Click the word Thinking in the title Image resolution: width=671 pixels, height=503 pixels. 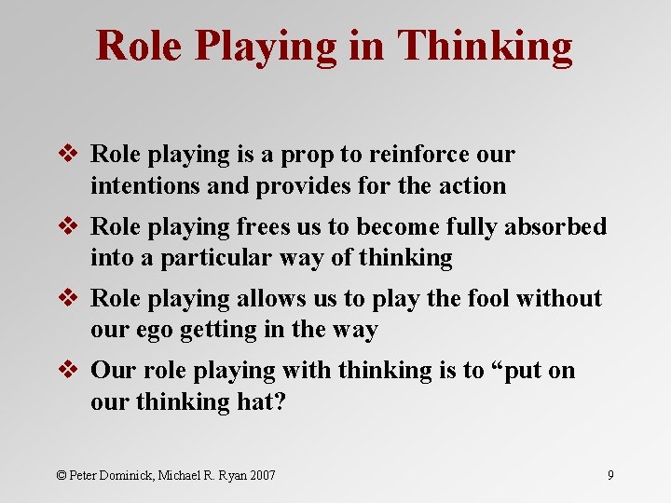click(485, 46)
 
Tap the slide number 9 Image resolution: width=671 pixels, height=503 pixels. click(610, 475)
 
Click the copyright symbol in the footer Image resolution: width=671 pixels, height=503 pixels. click(62, 475)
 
